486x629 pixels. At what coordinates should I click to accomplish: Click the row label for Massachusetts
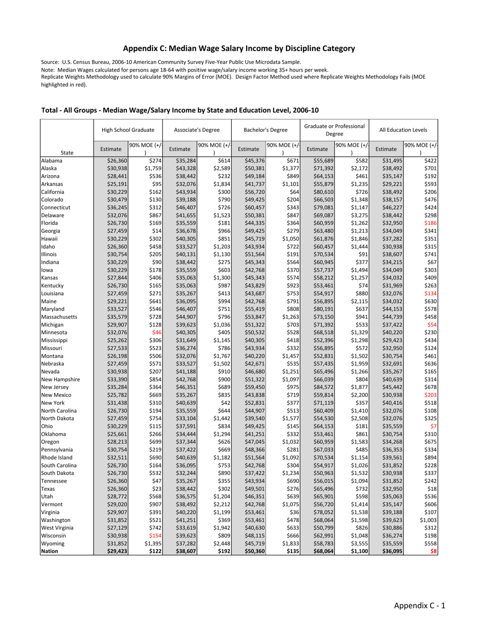pyautogui.click(x=59, y=317)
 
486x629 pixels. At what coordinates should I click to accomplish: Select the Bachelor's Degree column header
pyautogui.click(x=266, y=130)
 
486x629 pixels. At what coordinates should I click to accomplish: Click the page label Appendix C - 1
pyautogui.click(x=419, y=605)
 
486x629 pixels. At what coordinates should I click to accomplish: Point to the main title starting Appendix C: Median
pyautogui.click(x=239, y=49)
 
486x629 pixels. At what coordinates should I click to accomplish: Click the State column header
pyautogui.click(x=67, y=153)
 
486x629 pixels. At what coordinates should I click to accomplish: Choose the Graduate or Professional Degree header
pyautogui.click(x=335, y=129)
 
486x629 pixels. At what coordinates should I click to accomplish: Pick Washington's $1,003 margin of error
pyautogui.click(x=428, y=520)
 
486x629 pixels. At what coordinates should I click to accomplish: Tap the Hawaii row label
pyautogui.click(x=50, y=238)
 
